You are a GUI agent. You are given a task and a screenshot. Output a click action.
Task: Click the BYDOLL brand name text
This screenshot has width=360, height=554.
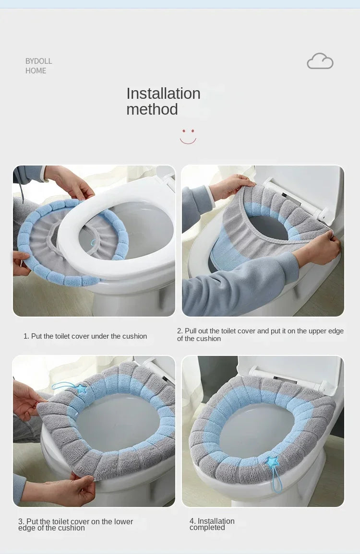tap(38, 61)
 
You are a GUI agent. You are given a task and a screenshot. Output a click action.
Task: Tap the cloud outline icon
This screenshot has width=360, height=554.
tap(320, 61)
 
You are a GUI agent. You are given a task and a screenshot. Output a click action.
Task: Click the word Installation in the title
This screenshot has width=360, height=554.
tap(163, 94)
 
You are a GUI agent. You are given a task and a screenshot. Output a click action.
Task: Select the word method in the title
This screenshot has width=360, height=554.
tap(152, 109)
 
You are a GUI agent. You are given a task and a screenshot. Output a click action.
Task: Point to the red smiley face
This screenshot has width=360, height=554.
tap(188, 136)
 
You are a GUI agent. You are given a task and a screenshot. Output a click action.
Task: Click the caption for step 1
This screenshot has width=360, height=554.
tap(85, 336)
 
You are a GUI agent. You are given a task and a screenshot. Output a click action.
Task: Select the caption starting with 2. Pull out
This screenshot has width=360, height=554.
tap(260, 334)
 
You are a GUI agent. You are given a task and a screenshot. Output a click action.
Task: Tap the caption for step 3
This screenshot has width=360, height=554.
tap(75, 524)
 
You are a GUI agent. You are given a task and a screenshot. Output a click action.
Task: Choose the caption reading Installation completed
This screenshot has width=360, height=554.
tap(212, 524)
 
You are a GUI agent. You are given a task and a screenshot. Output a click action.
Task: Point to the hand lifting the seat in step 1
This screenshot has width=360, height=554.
tap(72, 182)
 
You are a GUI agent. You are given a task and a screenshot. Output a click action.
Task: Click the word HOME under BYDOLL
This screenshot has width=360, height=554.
tap(36, 71)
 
